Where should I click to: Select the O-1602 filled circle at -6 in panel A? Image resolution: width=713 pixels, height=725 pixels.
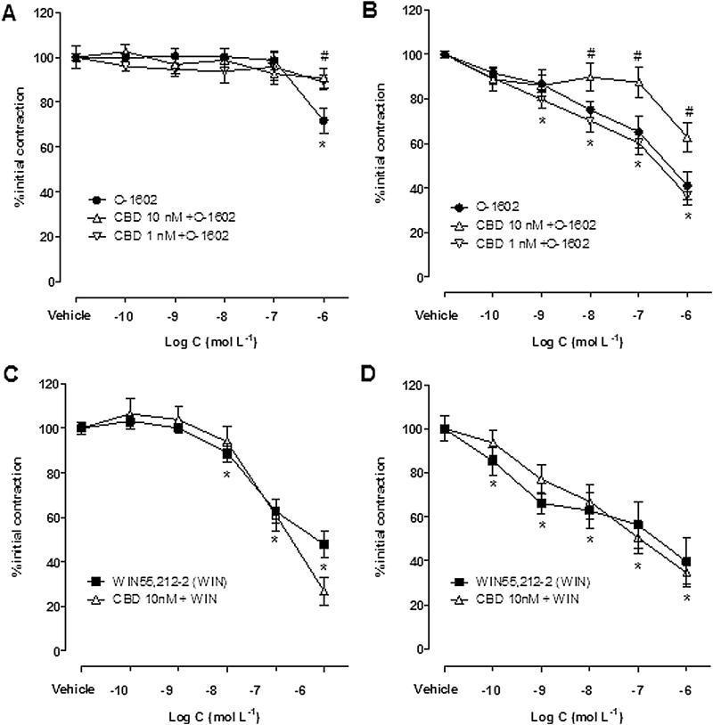[324, 120]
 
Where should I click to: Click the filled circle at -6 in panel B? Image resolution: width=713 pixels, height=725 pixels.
[687, 186]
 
